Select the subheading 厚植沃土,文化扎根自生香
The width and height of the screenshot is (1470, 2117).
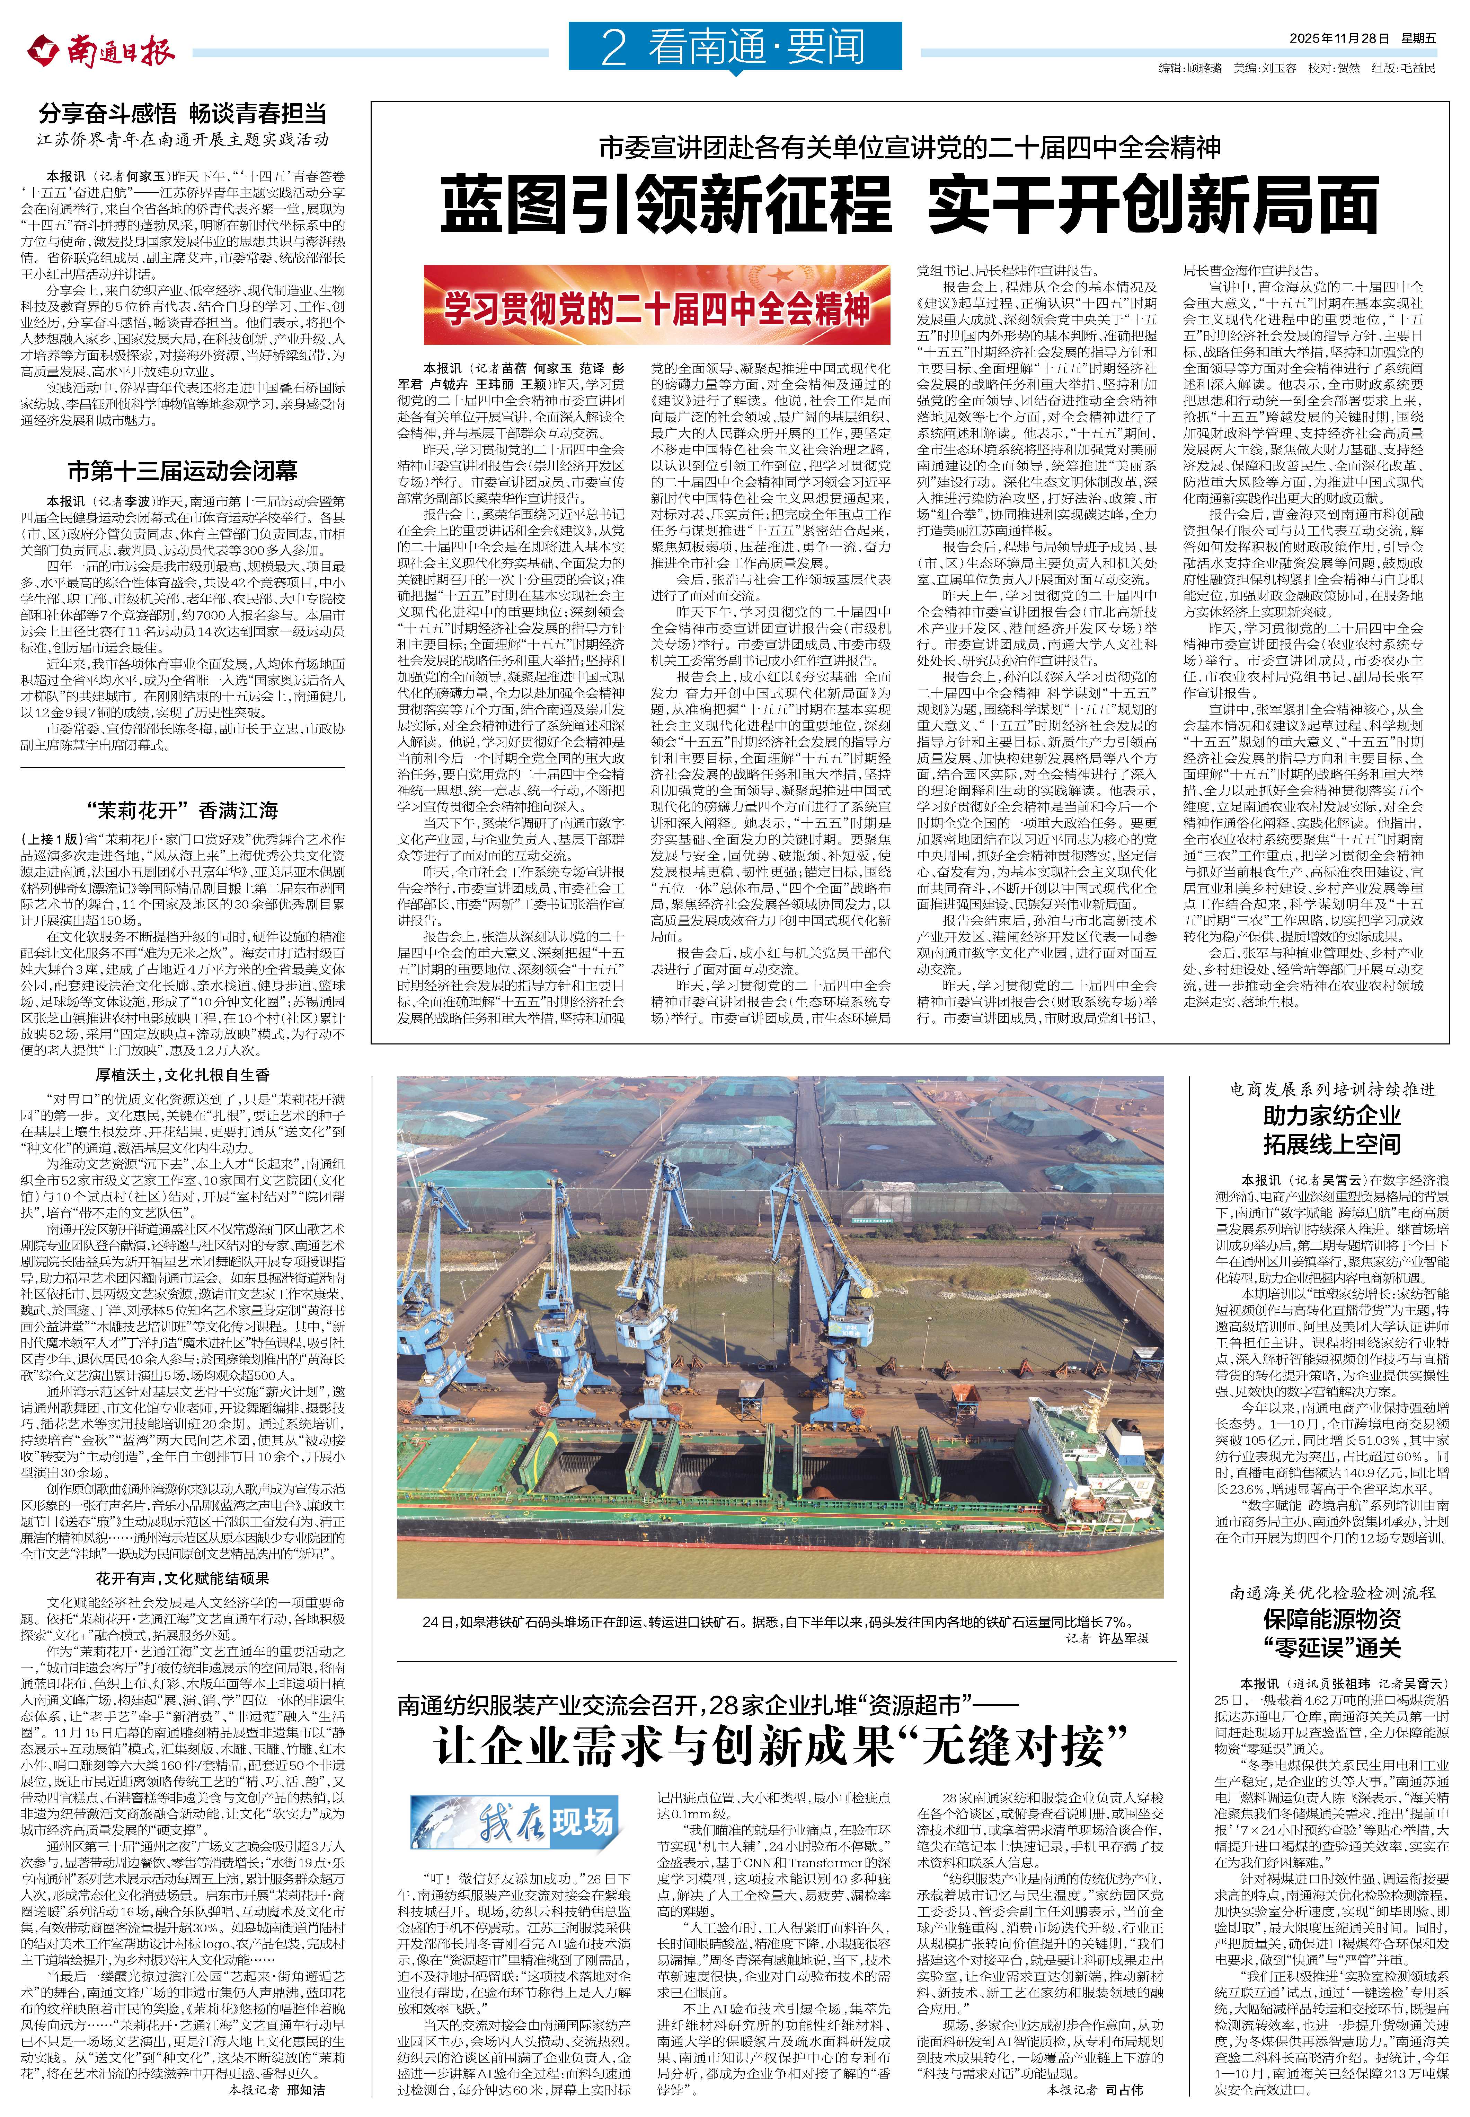point(183,1074)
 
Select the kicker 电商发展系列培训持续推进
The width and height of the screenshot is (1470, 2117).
point(1332,1090)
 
